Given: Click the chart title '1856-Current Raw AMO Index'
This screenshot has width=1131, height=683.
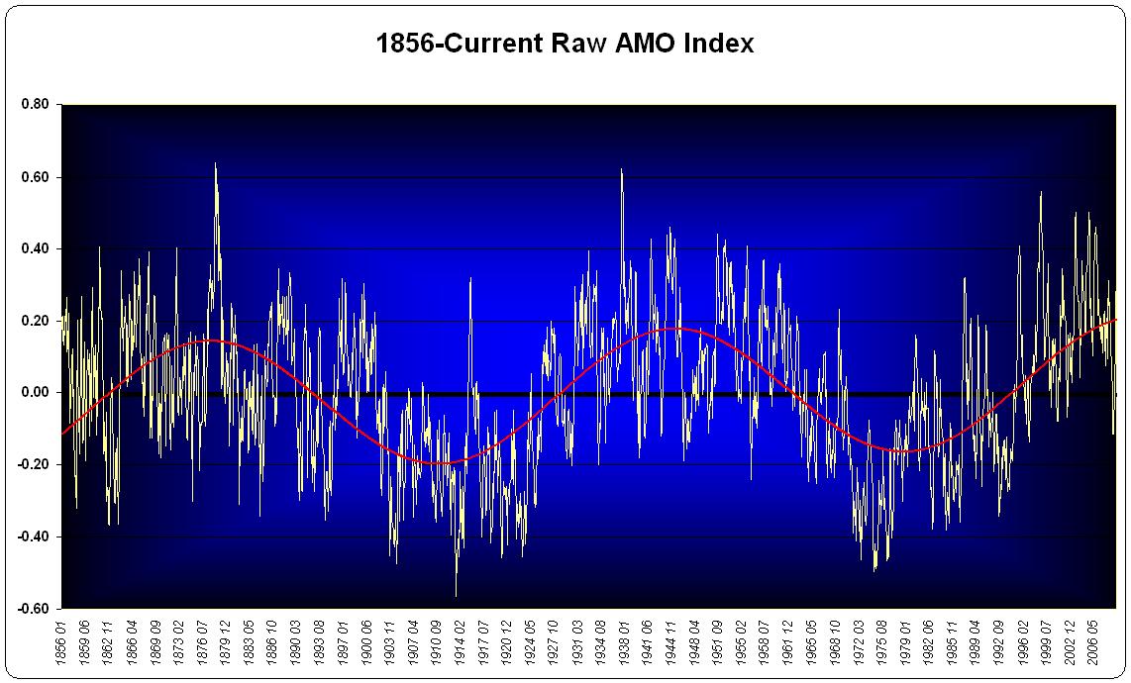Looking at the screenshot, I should [565, 44].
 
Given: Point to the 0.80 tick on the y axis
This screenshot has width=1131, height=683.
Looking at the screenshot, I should [37, 105].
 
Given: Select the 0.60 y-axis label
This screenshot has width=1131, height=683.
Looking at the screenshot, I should [37, 177].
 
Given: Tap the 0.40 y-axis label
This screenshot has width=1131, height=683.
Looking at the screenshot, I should [37, 248].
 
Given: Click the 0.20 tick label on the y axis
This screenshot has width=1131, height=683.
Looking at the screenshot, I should [37, 321].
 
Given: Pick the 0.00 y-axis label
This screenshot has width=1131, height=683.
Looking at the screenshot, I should [37, 393].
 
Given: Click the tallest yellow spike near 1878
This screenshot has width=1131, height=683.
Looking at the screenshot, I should [215, 164].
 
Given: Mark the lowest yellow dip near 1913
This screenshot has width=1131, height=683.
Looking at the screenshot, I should [457, 594].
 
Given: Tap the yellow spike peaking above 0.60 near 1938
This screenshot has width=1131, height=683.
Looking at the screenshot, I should [621, 170].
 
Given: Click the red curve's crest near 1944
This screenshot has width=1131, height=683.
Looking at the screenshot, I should [673, 329].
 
